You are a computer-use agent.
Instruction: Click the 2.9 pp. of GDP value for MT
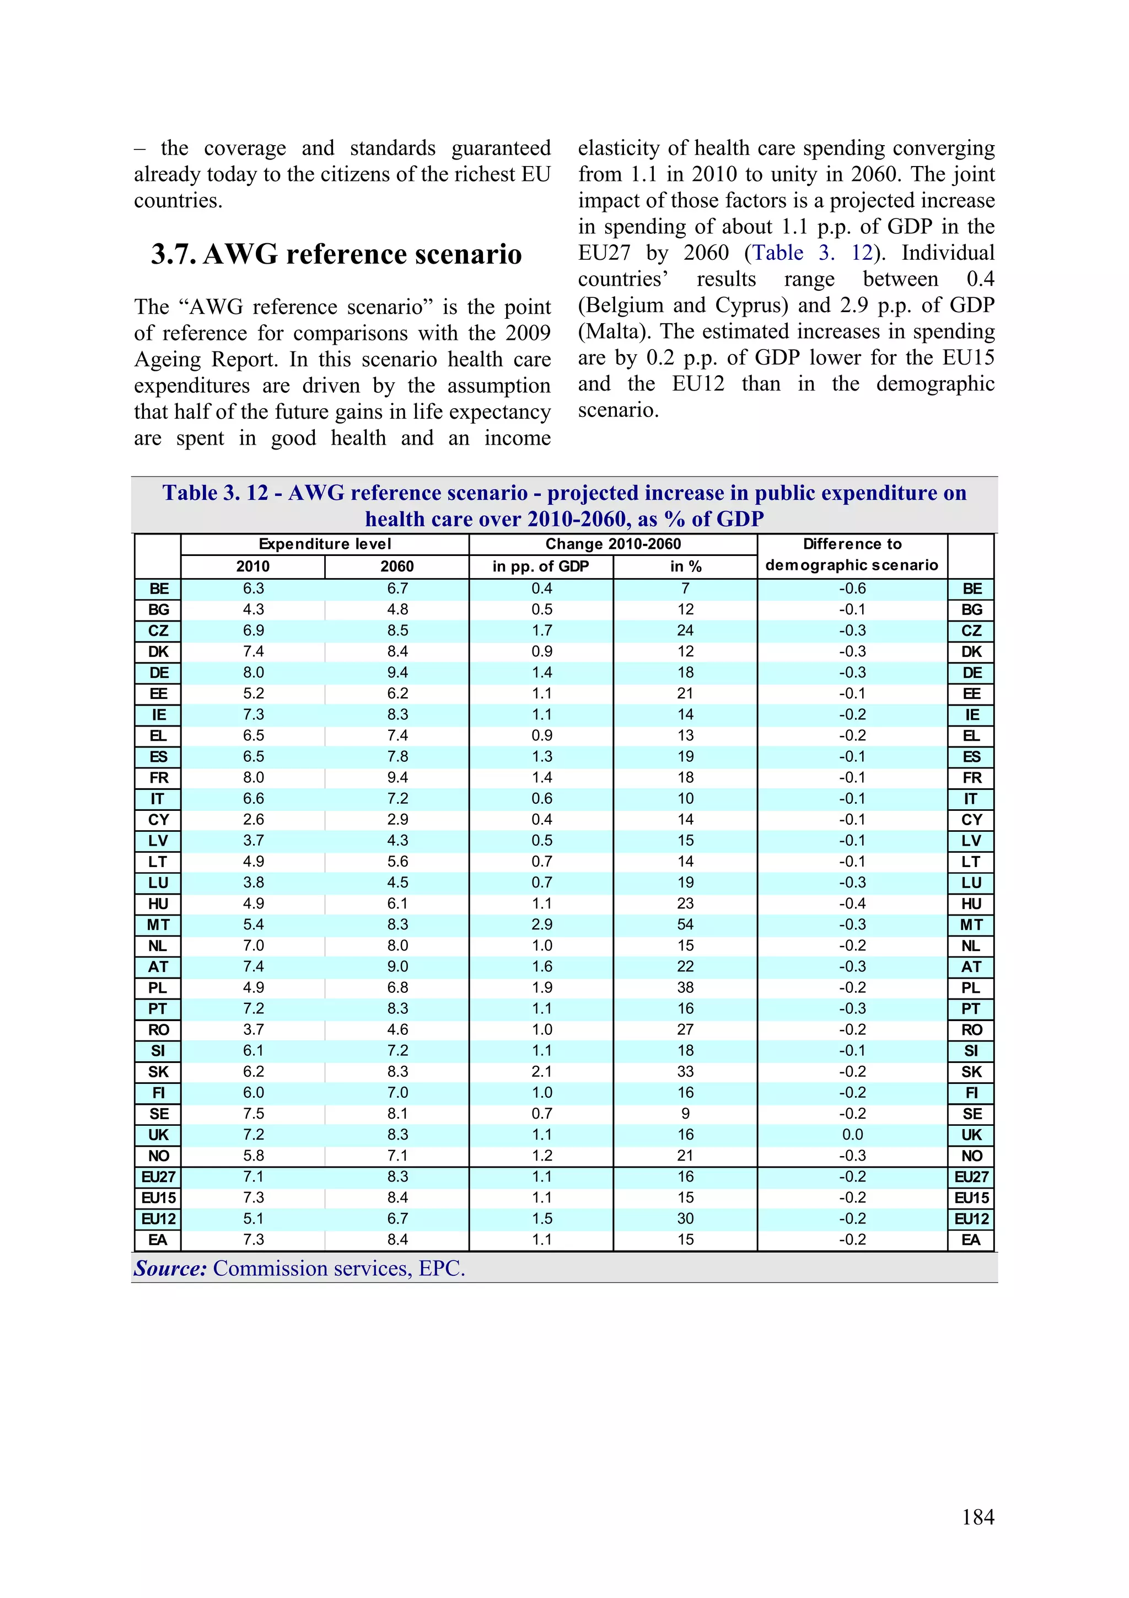click(x=542, y=924)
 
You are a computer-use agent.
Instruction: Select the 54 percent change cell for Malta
click(x=685, y=924)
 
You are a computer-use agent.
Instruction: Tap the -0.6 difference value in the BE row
click(x=852, y=588)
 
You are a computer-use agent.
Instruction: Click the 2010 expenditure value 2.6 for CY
click(x=253, y=819)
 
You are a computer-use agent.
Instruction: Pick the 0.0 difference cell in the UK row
click(x=852, y=1135)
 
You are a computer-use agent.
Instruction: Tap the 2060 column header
click(x=397, y=566)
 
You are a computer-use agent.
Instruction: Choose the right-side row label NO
click(x=971, y=1156)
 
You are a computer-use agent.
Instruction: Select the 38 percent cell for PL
click(x=685, y=987)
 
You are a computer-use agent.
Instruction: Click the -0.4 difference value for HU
click(x=852, y=904)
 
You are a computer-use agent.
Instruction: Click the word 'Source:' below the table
click(x=170, y=1268)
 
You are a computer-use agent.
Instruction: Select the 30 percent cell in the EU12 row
click(x=685, y=1218)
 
